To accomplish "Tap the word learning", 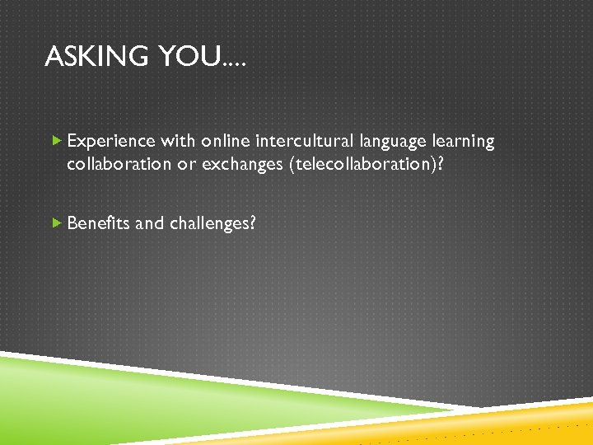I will coord(463,143).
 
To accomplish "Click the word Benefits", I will coord(98,222).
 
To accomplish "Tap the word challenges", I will coord(208,223).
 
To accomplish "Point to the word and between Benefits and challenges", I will coord(149,222).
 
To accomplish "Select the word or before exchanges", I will coord(187,164).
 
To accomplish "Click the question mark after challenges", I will coord(251,222).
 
